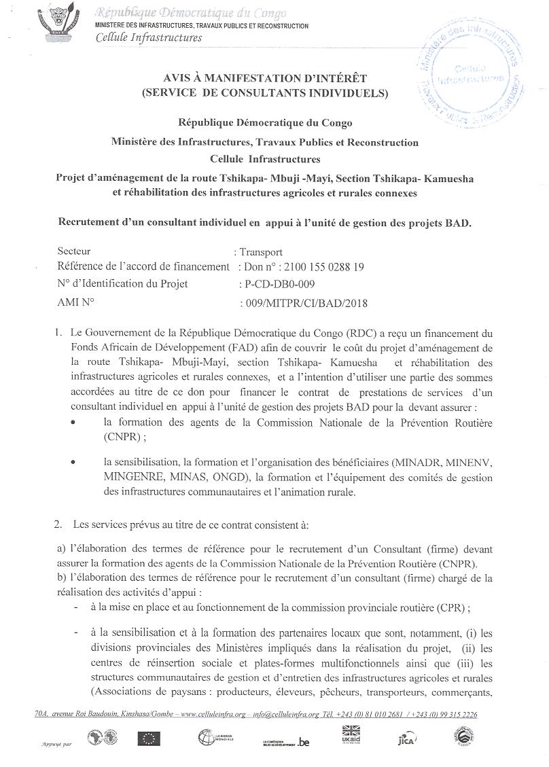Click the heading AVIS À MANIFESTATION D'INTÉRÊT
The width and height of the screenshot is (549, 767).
pyautogui.click(x=265, y=80)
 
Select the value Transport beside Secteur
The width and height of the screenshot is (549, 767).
pyautogui.click(x=261, y=251)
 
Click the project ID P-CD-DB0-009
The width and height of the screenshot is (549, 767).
pyautogui.click(x=279, y=284)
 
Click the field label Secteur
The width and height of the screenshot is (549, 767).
pyautogui.click(x=74, y=251)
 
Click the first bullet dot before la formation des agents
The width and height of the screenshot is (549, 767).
pyautogui.click(x=73, y=422)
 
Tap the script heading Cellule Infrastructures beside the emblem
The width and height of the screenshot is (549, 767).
pyautogui.click(x=149, y=38)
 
